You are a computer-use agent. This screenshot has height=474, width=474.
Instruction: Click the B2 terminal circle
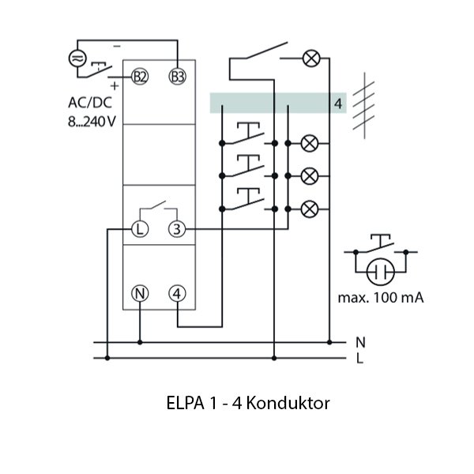pyautogui.click(x=140, y=77)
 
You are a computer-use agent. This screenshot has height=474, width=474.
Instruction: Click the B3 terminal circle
pyautogui.click(x=178, y=77)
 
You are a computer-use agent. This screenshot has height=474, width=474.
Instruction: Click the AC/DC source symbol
pyautogui.click(x=77, y=58)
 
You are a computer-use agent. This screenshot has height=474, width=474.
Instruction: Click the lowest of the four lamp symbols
pyautogui.click(x=311, y=209)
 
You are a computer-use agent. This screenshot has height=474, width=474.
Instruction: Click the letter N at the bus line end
pyautogui.click(x=360, y=342)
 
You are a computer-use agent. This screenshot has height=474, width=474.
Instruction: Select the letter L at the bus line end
pyautogui.click(x=360, y=358)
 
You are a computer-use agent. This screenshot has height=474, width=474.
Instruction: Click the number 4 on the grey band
pyautogui.click(x=337, y=103)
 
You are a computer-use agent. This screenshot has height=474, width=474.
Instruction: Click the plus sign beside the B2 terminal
pyautogui.click(x=116, y=84)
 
